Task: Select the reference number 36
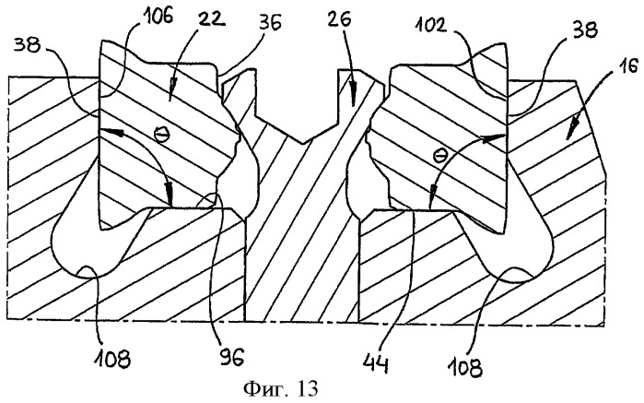pos(268,23)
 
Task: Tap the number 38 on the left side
pos(28,45)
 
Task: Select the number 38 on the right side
pos(583,30)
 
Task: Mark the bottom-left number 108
pos(111,360)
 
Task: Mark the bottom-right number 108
pos(466,366)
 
